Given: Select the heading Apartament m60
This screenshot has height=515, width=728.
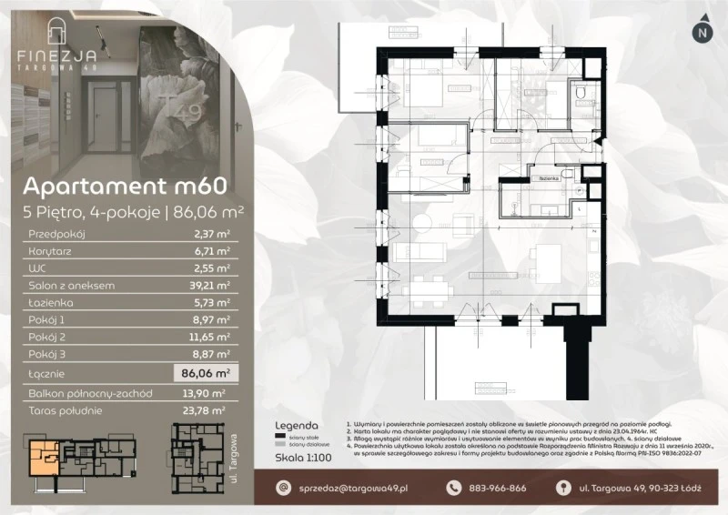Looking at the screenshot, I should (125, 187).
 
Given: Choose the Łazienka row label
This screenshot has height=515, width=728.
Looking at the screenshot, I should (52, 303).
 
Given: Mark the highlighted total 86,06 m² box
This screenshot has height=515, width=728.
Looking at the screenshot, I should (202, 372).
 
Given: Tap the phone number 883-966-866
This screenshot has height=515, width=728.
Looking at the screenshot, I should (496, 488).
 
